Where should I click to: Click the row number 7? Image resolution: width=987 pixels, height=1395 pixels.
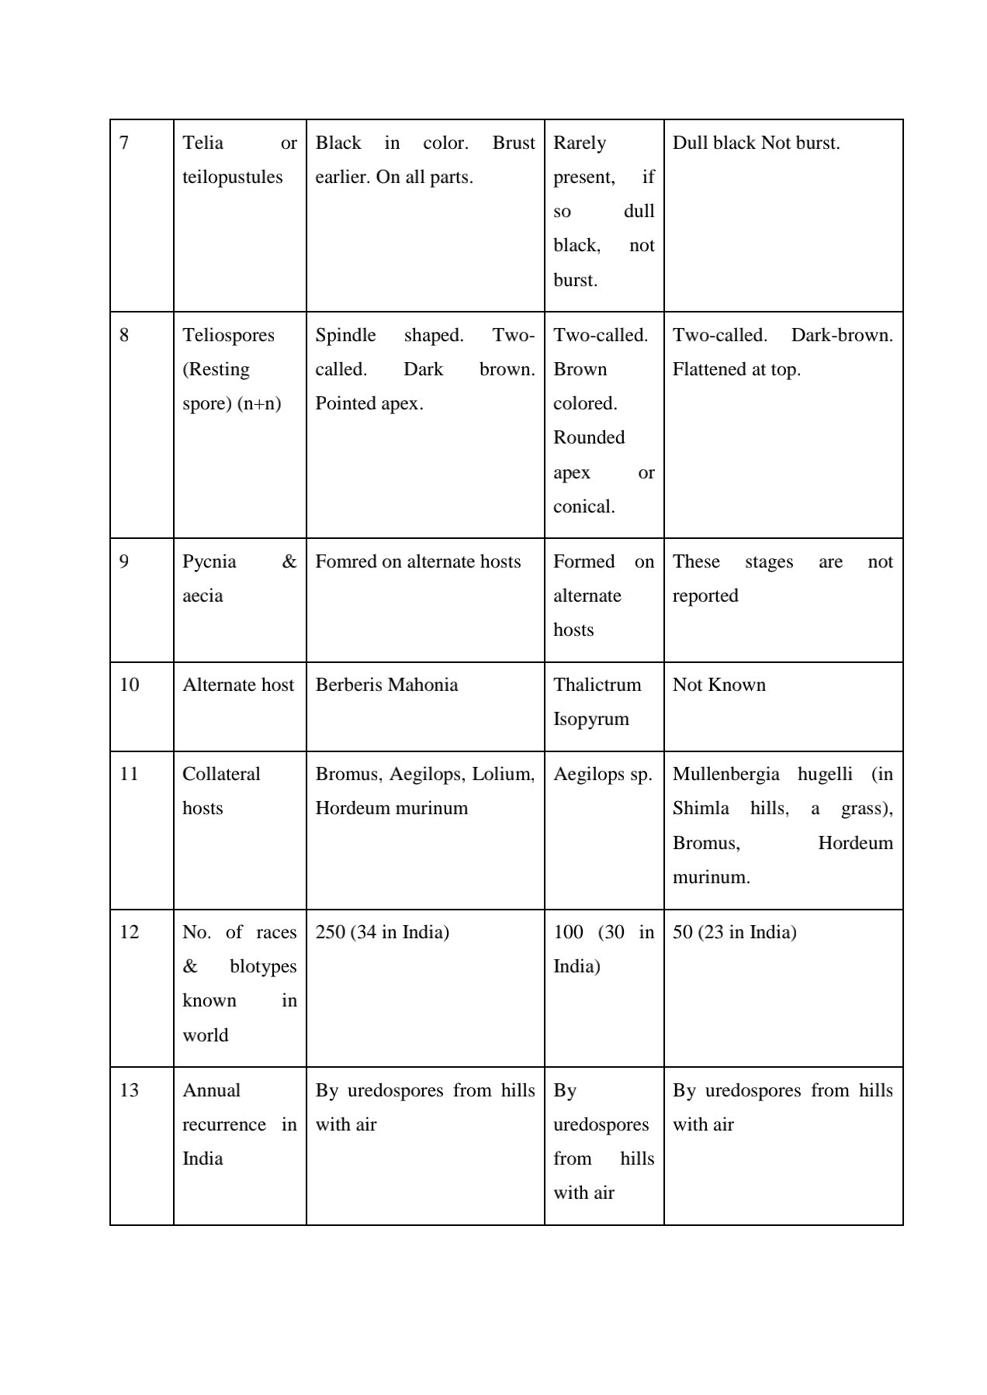pyautogui.click(x=124, y=143)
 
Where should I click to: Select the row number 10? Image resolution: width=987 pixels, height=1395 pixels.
pyautogui.click(x=129, y=685)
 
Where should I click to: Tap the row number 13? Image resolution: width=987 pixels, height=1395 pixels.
pyautogui.click(x=129, y=1091)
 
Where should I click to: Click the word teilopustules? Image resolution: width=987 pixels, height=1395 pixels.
pyautogui.click(x=232, y=178)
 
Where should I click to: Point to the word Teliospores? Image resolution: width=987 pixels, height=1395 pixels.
pyautogui.click(x=228, y=336)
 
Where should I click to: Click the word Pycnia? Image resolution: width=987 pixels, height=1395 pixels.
pyautogui.click(x=209, y=562)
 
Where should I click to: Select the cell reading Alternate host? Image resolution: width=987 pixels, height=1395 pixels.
pyautogui.click(x=238, y=685)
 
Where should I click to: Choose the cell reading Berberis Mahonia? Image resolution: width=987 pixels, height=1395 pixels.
pyautogui.click(x=386, y=685)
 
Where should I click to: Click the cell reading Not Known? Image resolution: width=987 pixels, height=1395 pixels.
pyautogui.click(x=719, y=685)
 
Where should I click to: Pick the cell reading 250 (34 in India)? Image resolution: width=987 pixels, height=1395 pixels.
pyautogui.click(x=382, y=932)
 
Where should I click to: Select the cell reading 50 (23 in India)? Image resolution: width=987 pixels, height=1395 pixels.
pyautogui.click(x=734, y=932)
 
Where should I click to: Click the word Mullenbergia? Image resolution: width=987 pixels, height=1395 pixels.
pyautogui.click(x=726, y=775)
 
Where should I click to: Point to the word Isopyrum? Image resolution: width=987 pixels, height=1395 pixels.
pyautogui.click(x=590, y=720)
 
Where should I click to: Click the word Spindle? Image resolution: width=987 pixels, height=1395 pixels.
pyautogui.click(x=345, y=336)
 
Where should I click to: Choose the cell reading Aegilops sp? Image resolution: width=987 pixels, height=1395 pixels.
pyautogui.click(x=602, y=775)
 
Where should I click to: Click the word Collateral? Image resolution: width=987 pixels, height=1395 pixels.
pyautogui.click(x=221, y=775)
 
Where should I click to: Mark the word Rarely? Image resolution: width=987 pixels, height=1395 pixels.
pyautogui.click(x=579, y=143)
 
